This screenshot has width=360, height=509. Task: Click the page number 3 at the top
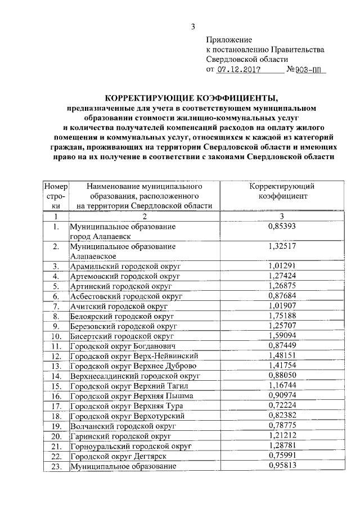pyautogui.click(x=193, y=26)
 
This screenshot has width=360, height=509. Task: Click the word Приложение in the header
pyautogui.click(x=229, y=40)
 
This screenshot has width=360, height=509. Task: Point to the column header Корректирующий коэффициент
pyautogui.click(x=282, y=191)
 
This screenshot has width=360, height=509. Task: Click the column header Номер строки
pyautogui.click(x=56, y=196)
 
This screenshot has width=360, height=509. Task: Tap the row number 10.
pyautogui.click(x=56, y=337)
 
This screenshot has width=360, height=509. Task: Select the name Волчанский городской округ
pyautogui.click(x=123, y=426)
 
